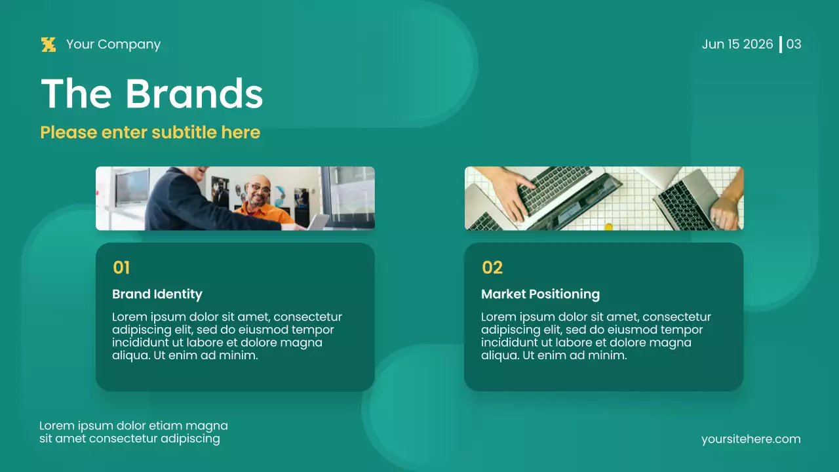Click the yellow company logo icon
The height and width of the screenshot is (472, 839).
[x=49, y=45]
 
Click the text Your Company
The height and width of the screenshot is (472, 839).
[x=113, y=45]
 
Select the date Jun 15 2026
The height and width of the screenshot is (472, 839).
[x=737, y=45]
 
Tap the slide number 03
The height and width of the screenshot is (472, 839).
[x=794, y=45]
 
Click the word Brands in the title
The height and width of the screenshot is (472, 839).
[x=193, y=94]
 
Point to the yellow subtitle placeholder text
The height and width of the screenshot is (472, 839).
[x=150, y=132]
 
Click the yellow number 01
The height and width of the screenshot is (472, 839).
[x=121, y=267]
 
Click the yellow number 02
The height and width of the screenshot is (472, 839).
[x=492, y=267]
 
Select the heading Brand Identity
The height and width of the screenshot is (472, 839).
[x=157, y=294]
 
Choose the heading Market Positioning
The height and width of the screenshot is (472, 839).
[x=540, y=294]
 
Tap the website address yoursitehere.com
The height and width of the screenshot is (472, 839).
[x=751, y=439]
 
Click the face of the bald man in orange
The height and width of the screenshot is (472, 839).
[x=258, y=191]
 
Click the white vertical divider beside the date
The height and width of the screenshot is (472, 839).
[x=780, y=45]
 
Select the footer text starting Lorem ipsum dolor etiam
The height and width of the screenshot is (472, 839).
[x=133, y=432]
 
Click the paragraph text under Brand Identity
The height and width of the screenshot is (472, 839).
[x=227, y=336]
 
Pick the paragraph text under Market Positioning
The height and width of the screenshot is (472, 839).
[x=596, y=336]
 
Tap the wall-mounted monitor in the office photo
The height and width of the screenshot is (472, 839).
[x=131, y=187]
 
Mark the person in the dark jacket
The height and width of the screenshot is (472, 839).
[x=177, y=200]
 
